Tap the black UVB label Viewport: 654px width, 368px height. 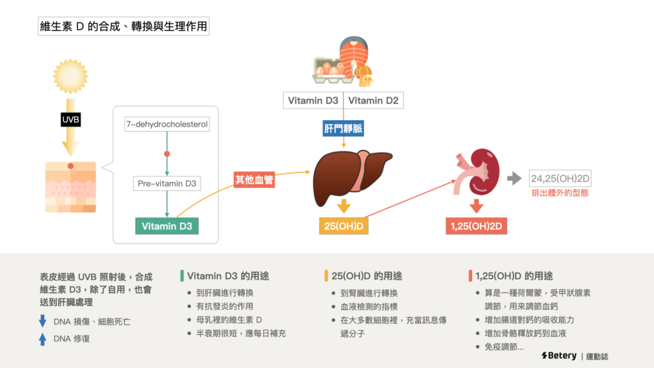[x=70, y=119]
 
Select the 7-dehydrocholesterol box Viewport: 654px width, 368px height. [x=167, y=124]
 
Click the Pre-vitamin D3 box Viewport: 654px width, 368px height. [x=167, y=184]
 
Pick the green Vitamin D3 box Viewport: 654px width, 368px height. [x=167, y=226]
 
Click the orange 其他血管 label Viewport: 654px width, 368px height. [x=255, y=181]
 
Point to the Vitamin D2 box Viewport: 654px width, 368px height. [x=374, y=100]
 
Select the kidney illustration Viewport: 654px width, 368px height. [x=479, y=172]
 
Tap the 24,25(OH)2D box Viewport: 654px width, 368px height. [x=560, y=178]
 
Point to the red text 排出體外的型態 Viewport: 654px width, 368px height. [x=560, y=192]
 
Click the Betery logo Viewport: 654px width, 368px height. [x=558, y=355]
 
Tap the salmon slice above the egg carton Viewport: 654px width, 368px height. [x=353, y=54]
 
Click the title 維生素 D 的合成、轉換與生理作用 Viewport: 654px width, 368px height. [x=123, y=27]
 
